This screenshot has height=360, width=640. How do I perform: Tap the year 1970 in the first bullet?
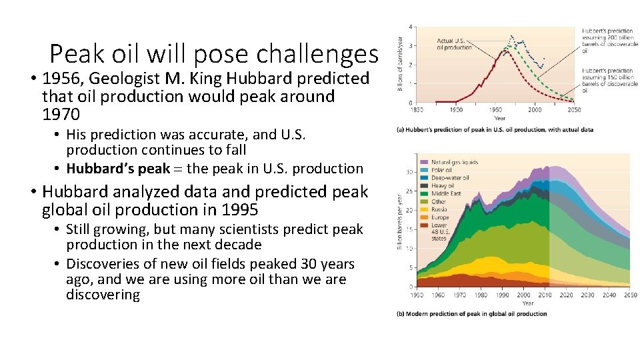61,115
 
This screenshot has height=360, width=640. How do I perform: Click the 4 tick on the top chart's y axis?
411,27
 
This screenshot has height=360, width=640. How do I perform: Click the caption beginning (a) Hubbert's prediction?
495,129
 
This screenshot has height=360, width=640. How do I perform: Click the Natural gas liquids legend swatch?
423,163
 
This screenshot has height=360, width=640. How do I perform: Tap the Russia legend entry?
440,209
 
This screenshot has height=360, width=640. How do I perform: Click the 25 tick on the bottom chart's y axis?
410,191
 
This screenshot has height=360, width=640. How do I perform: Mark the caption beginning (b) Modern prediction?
471,314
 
